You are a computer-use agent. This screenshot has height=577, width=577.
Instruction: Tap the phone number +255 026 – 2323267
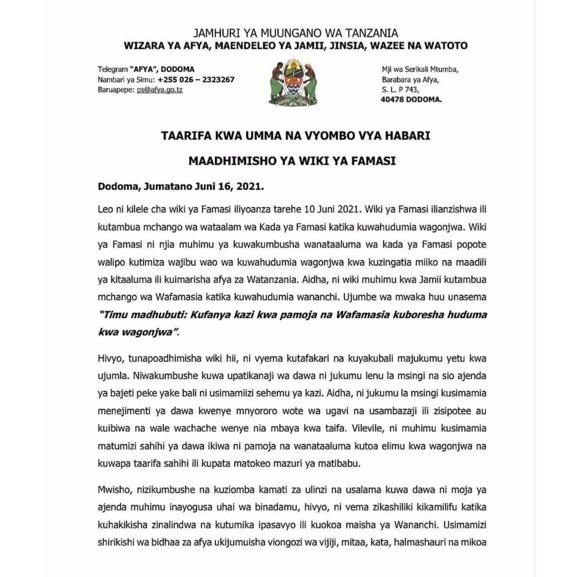196,80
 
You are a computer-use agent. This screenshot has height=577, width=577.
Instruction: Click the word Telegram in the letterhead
113,69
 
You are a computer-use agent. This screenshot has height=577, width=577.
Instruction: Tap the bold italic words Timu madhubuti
136,315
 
